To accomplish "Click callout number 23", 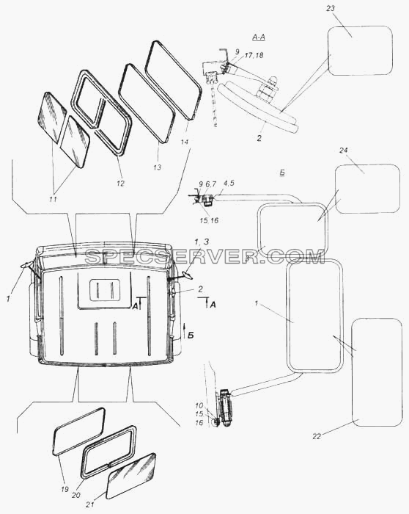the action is pyautogui.click(x=331, y=8).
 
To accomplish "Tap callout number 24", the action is pyautogui.click(x=344, y=151).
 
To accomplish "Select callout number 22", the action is pyautogui.click(x=317, y=436).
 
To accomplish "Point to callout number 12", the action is pyautogui.click(x=121, y=184).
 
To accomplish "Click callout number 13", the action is pyautogui.click(x=158, y=167).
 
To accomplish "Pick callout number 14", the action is pyautogui.click(x=185, y=142).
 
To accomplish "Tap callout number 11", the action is pyautogui.click(x=53, y=199).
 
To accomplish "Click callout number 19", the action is pyautogui.click(x=65, y=490).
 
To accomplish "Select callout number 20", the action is pyautogui.click(x=76, y=496).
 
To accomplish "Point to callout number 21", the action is pyautogui.click(x=90, y=505).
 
